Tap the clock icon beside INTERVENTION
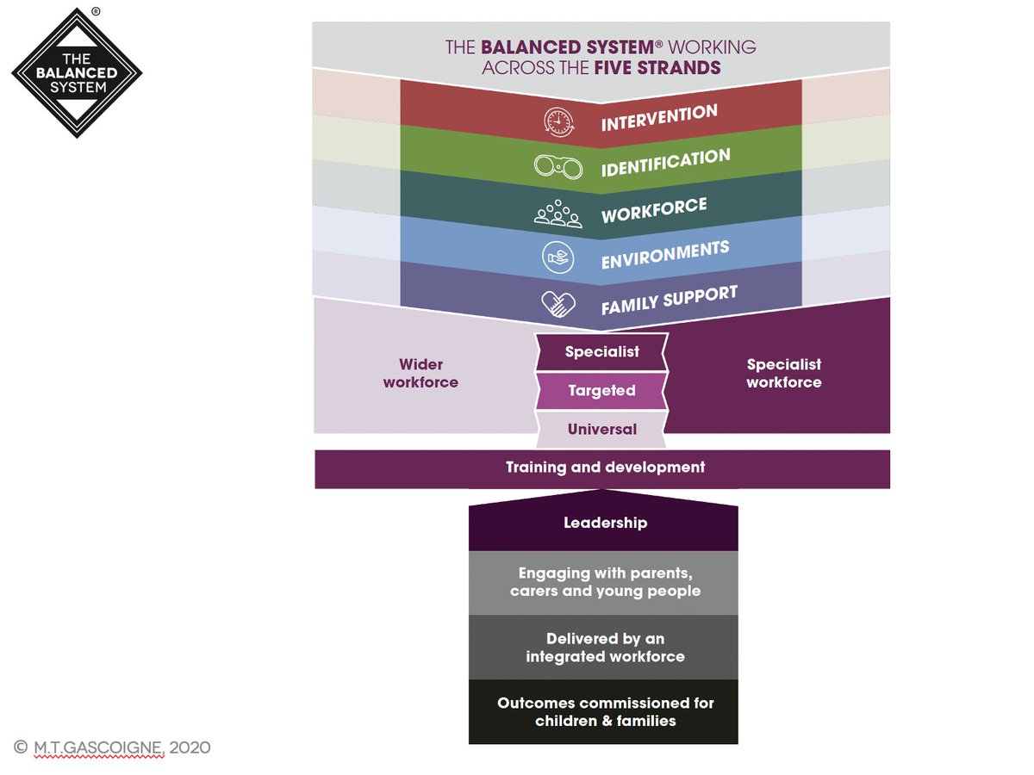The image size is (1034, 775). click(558, 122)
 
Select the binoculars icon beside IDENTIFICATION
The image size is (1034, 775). click(558, 166)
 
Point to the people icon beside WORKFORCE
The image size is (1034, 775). click(558, 213)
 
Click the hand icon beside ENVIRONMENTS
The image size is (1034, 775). click(558, 257)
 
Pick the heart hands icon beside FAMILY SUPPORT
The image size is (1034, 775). click(558, 303)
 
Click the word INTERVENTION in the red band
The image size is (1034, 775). click(659, 118)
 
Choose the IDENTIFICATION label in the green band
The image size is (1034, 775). click(665, 163)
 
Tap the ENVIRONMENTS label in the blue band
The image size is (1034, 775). click(665, 254)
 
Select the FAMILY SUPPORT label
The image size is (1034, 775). click(669, 300)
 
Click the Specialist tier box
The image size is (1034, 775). click(602, 351)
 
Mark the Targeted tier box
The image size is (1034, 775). click(601, 391)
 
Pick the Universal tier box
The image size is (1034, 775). click(601, 429)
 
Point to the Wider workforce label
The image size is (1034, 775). click(420, 374)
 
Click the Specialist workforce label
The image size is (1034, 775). click(783, 374)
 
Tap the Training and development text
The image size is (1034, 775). click(605, 468)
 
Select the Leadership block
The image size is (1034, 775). click(604, 523)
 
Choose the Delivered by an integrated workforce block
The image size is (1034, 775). click(604, 648)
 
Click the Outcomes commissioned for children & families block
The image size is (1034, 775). click(604, 711)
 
